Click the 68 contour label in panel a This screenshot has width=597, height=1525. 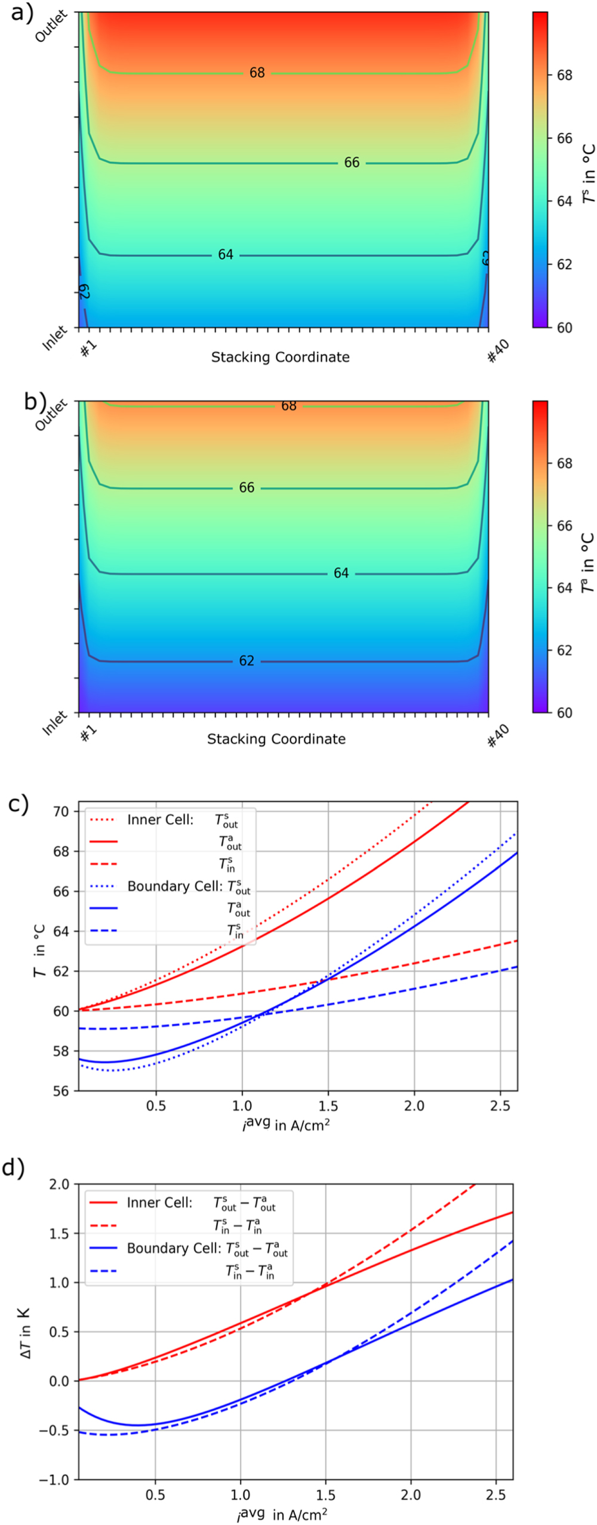point(257,73)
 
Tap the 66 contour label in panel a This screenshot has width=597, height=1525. point(352,162)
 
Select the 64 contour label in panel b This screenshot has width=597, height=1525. point(341,573)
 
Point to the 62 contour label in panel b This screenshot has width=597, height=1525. point(247,661)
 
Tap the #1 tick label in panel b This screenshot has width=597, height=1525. point(89,734)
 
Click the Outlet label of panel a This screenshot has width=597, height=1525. point(51,27)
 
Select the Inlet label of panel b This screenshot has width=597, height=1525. point(54,723)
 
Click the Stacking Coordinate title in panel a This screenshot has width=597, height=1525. point(280,357)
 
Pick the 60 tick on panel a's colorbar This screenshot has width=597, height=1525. point(564,328)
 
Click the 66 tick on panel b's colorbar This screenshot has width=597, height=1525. point(564,526)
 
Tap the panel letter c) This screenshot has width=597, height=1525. point(19,804)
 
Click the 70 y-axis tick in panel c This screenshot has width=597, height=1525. point(61,812)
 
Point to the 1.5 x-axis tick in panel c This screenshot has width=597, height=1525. point(328,1106)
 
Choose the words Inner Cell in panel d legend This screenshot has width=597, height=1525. point(159,1202)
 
